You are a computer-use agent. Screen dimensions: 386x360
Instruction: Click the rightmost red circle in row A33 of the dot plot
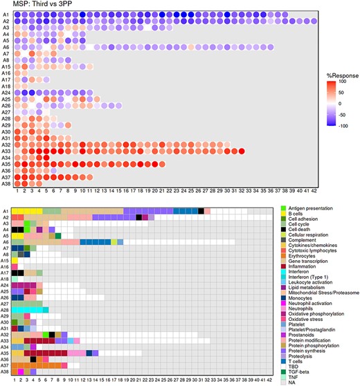click(242, 151)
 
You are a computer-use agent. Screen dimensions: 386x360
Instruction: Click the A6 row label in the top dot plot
click(6, 47)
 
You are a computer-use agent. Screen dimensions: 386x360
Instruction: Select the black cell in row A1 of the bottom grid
click(201, 211)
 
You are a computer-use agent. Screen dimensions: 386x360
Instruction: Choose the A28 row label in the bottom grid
click(6, 310)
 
